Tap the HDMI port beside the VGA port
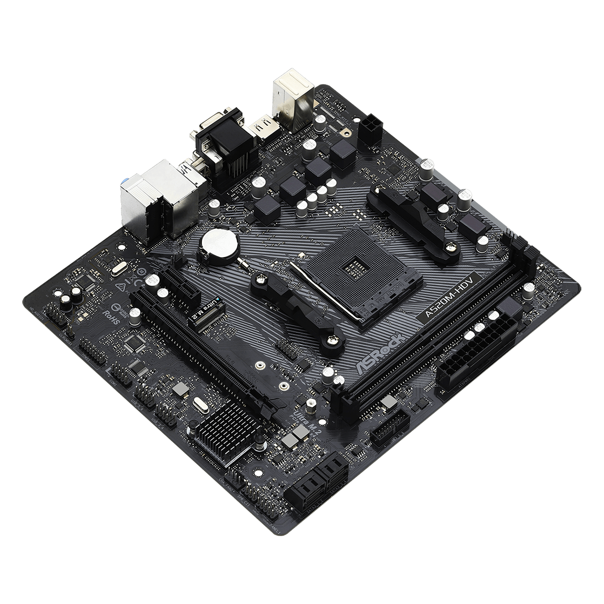263,128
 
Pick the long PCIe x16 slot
201,352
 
